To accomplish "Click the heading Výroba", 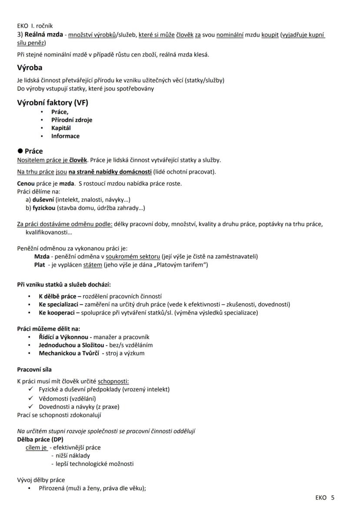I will (x=30, y=68).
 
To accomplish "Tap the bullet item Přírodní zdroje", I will (x=71, y=120).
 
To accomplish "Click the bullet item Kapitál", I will (x=61, y=128).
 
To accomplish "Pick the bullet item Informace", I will (x=65, y=136).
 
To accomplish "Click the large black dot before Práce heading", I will (x=20, y=151).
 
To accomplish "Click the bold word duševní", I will (x=43, y=200).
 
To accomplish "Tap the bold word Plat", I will (x=40, y=265).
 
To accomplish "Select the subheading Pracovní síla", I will (x=34, y=369).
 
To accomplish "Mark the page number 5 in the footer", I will (x=333, y=497).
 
